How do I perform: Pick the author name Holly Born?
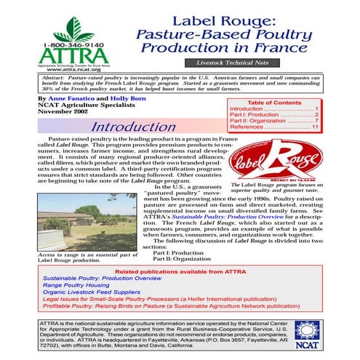pos(131,97)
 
